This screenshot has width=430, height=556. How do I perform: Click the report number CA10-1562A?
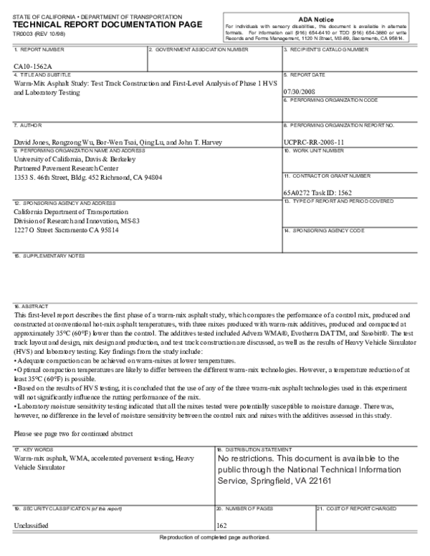pos(32,66)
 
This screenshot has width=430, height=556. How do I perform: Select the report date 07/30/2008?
pos(300,92)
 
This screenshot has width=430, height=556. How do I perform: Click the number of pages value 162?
pos(221,525)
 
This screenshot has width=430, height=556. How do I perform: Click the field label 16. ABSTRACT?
pos(30,305)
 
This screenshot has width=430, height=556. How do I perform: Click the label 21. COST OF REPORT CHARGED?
pos(356,507)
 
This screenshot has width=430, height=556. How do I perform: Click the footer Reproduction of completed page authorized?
pos(215,537)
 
